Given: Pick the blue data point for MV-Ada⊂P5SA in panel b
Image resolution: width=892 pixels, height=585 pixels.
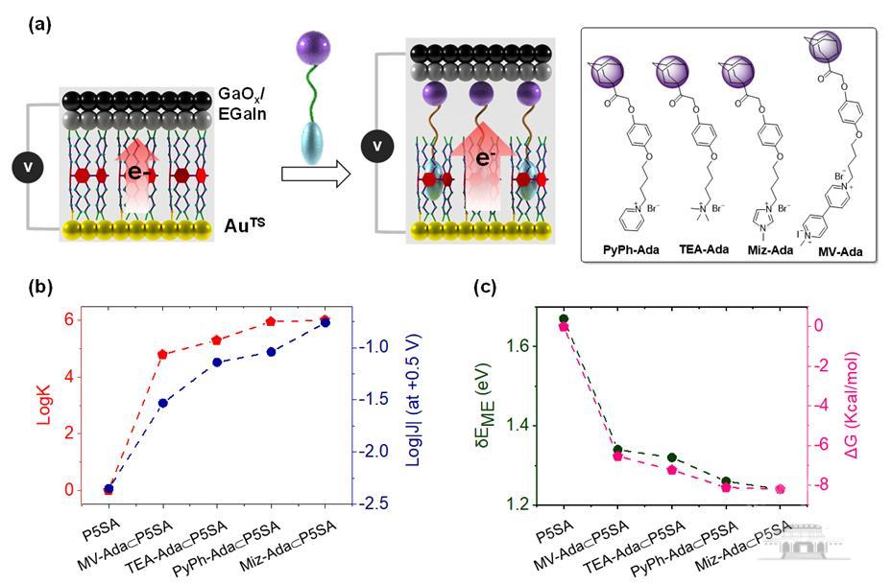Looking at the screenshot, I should click(x=162, y=403).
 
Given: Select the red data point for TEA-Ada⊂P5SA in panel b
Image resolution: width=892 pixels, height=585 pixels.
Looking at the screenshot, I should click(x=216, y=340).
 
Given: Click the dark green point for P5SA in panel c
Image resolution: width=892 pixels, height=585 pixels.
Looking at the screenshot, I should click(x=564, y=318).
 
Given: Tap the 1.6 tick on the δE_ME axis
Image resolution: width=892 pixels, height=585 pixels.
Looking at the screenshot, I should click(x=525, y=345).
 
